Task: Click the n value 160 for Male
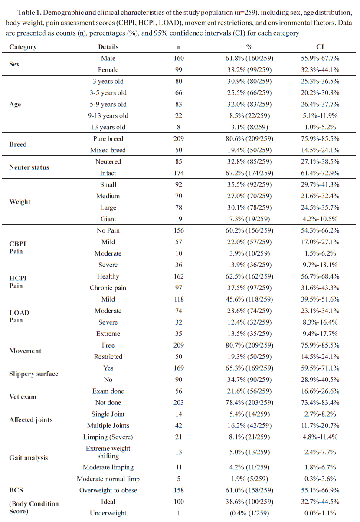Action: pos(179,58)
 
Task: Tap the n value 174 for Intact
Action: pos(179,173)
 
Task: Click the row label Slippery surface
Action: pos(34,374)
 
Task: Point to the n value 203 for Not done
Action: pos(179,402)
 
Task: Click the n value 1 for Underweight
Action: pos(179,513)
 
